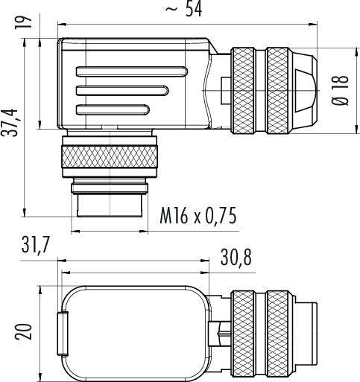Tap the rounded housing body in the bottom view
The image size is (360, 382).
tap(134, 328)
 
